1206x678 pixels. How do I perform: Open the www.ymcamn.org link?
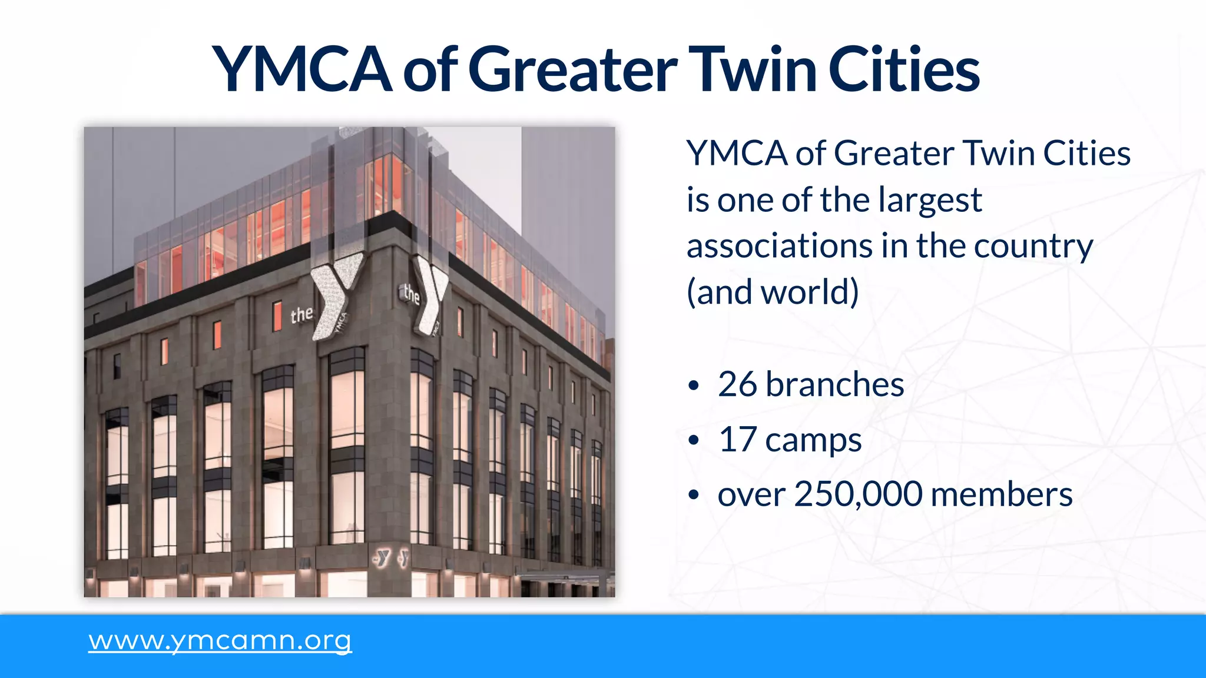(x=220, y=640)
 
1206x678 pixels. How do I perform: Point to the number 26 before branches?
(x=737, y=385)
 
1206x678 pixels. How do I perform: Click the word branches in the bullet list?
(x=834, y=385)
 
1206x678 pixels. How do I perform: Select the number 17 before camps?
(x=737, y=440)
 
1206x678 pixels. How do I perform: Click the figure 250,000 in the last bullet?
(x=858, y=494)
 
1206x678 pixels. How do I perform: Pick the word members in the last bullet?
(x=1002, y=494)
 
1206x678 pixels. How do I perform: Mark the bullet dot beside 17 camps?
(x=694, y=441)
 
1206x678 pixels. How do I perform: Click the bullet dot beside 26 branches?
(x=694, y=386)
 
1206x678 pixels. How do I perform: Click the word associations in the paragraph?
(x=779, y=246)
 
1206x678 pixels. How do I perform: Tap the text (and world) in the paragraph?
(x=773, y=292)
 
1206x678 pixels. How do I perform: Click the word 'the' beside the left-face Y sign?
(x=301, y=315)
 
